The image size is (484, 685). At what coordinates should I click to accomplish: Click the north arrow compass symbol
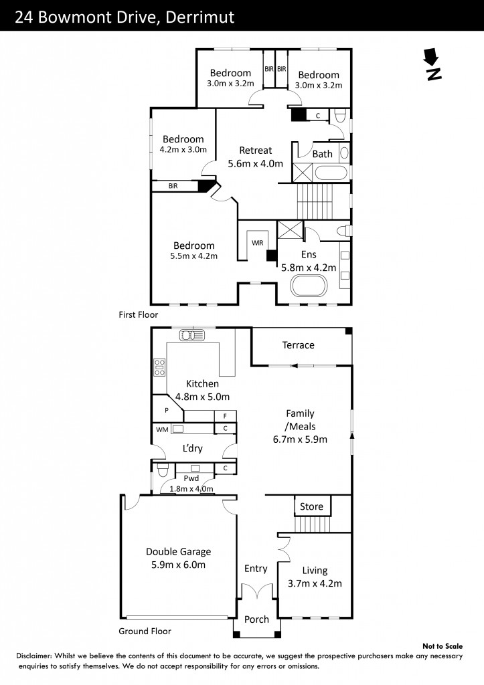point(432,64)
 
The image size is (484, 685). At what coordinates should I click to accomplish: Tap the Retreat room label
point(255,151)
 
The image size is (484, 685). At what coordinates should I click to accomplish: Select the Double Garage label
point(178,551)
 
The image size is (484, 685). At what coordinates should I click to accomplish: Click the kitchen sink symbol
point(191,335)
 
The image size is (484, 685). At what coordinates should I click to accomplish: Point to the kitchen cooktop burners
point(159,367)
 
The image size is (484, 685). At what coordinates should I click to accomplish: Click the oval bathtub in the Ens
point(309,286)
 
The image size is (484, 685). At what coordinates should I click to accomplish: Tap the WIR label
point(258,243)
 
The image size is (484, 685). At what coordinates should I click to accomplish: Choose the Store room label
point(311,506)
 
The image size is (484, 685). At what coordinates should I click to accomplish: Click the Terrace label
point(298,345)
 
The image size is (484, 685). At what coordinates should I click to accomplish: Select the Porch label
point(256,619)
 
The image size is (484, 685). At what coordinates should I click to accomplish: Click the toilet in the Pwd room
point(163,471)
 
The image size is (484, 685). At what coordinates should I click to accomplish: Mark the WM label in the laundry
point(162,429)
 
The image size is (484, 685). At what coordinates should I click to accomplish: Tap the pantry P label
point(167,411)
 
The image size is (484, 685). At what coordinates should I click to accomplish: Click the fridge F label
point(225,416)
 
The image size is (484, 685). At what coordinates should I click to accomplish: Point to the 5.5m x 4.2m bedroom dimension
point(193,256)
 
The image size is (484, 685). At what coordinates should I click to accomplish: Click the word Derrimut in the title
point(200,17)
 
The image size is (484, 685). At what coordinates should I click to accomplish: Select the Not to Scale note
point(442,646)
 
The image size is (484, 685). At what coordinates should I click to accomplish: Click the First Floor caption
point(138,314)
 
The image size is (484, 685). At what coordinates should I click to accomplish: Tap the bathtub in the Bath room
point(331,173)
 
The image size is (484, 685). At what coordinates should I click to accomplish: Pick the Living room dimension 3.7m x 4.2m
point(315,583)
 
